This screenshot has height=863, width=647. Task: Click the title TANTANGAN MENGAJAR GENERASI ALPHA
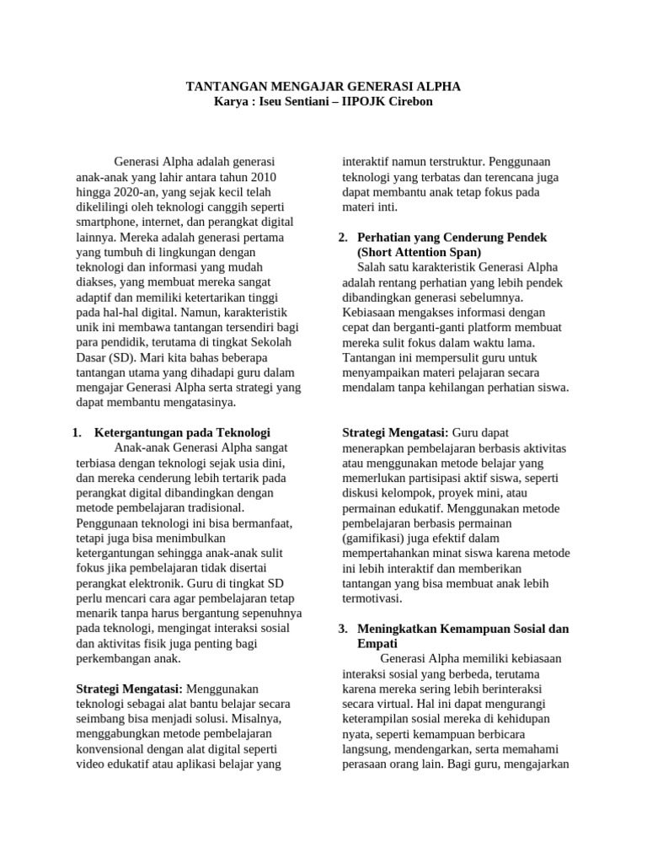click(323, 87)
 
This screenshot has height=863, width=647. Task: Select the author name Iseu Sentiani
click(294, 102)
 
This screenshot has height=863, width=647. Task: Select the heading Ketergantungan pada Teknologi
click(182, 432)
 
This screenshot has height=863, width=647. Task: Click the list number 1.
click(77, 432)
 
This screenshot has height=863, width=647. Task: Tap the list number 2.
click(343, 238)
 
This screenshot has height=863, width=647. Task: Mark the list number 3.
click(343, 629)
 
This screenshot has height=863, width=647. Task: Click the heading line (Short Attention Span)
click(419, 252)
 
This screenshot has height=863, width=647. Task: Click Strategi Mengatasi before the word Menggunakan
click(129, 689)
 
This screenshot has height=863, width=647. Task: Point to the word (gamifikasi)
click(378, 538)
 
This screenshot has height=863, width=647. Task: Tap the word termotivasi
click(372, 598)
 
